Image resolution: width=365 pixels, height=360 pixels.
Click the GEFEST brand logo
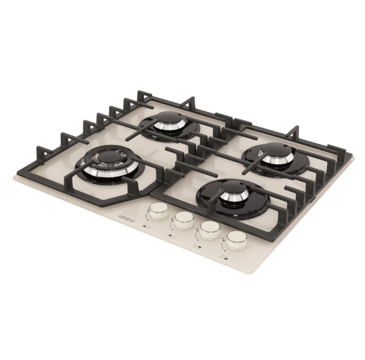point(127,218)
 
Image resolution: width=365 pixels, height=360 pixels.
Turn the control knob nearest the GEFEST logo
point(159,210)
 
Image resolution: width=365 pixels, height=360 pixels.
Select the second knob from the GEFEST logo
point(184,220)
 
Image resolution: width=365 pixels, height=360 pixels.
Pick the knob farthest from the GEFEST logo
point(237,240)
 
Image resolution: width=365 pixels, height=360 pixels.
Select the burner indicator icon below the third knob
point(198,246)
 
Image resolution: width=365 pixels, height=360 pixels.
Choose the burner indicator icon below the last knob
point(225,257)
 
